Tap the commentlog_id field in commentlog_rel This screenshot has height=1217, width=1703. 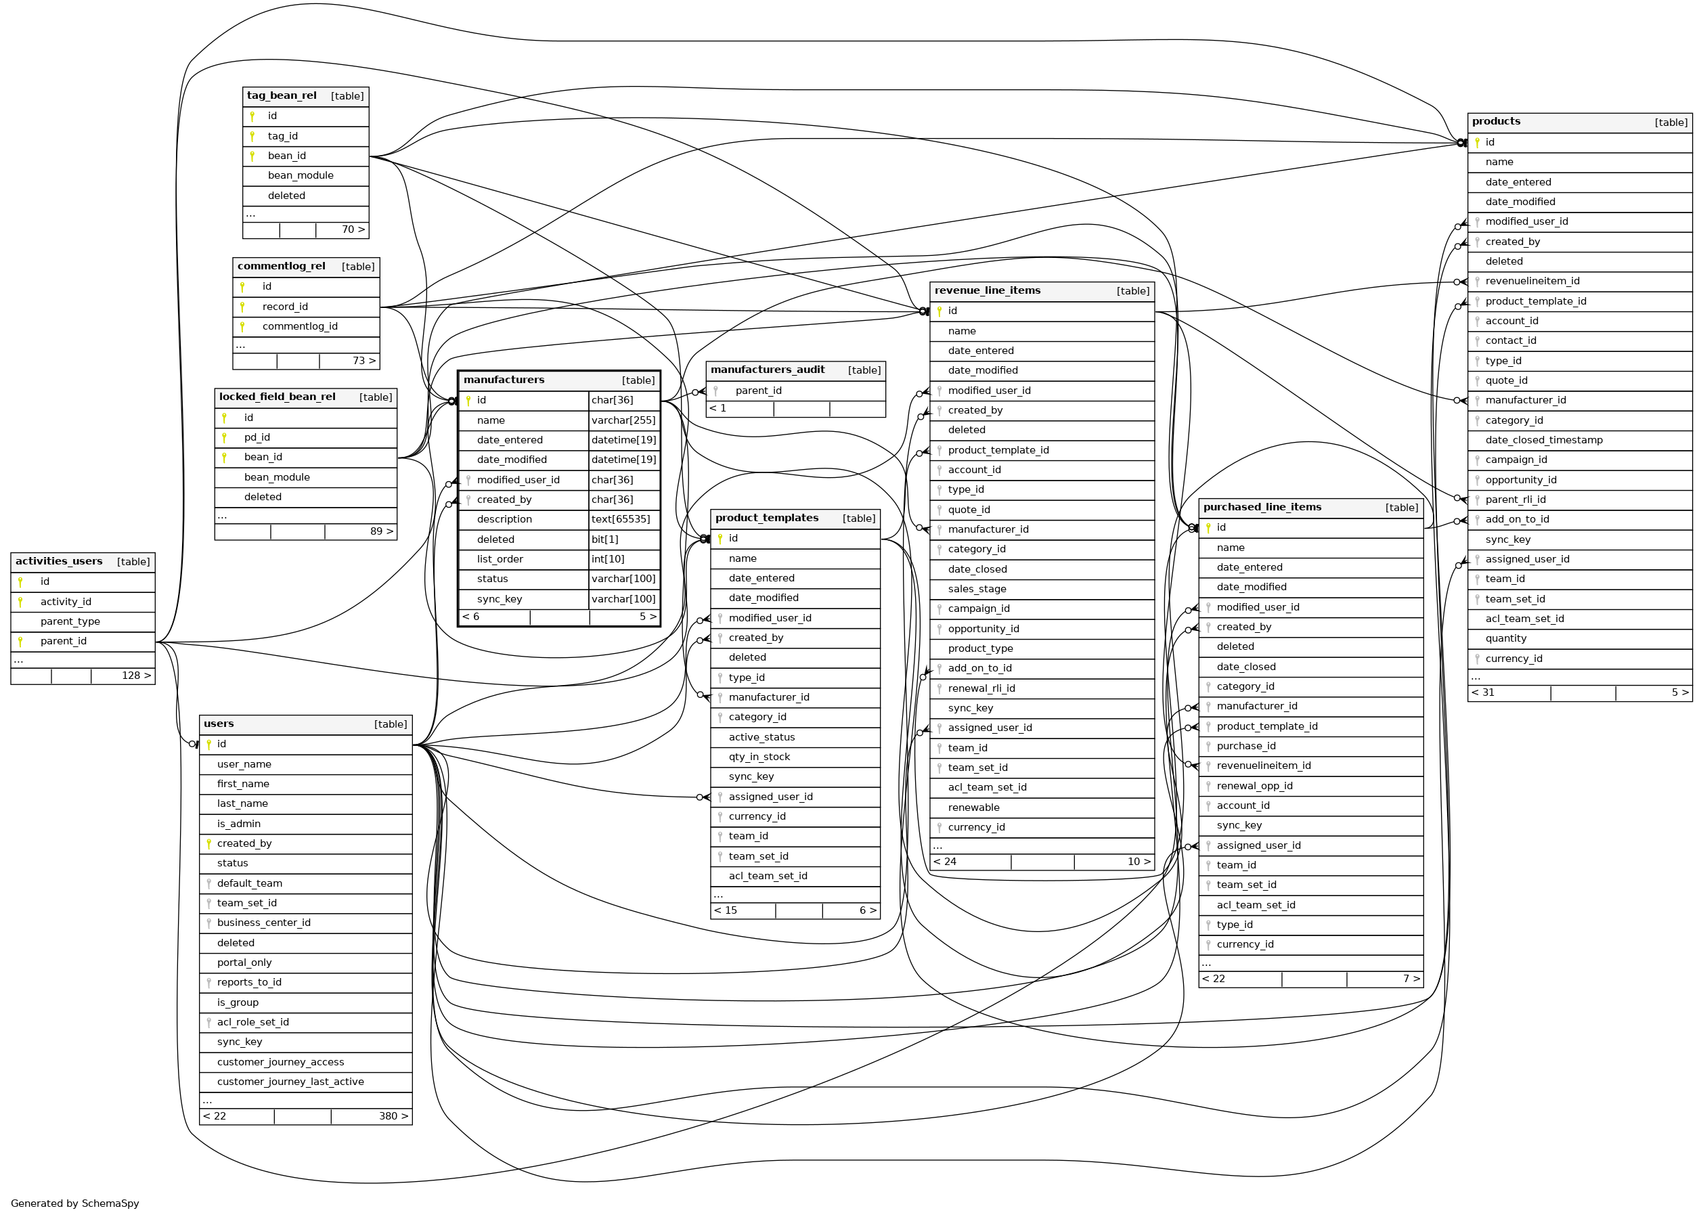300,327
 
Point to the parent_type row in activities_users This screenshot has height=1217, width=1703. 70,621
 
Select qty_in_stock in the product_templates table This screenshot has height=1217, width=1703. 759,757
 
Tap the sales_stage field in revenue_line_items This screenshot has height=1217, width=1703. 977,589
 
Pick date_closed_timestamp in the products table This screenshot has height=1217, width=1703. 1544,440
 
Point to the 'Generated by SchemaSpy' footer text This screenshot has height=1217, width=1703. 75,1203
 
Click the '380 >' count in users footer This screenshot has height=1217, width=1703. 393,1116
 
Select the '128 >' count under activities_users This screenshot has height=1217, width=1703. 136,676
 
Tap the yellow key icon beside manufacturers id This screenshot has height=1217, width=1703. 468,401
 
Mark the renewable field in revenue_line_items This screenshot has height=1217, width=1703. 973,807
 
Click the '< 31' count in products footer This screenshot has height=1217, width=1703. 1483,692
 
